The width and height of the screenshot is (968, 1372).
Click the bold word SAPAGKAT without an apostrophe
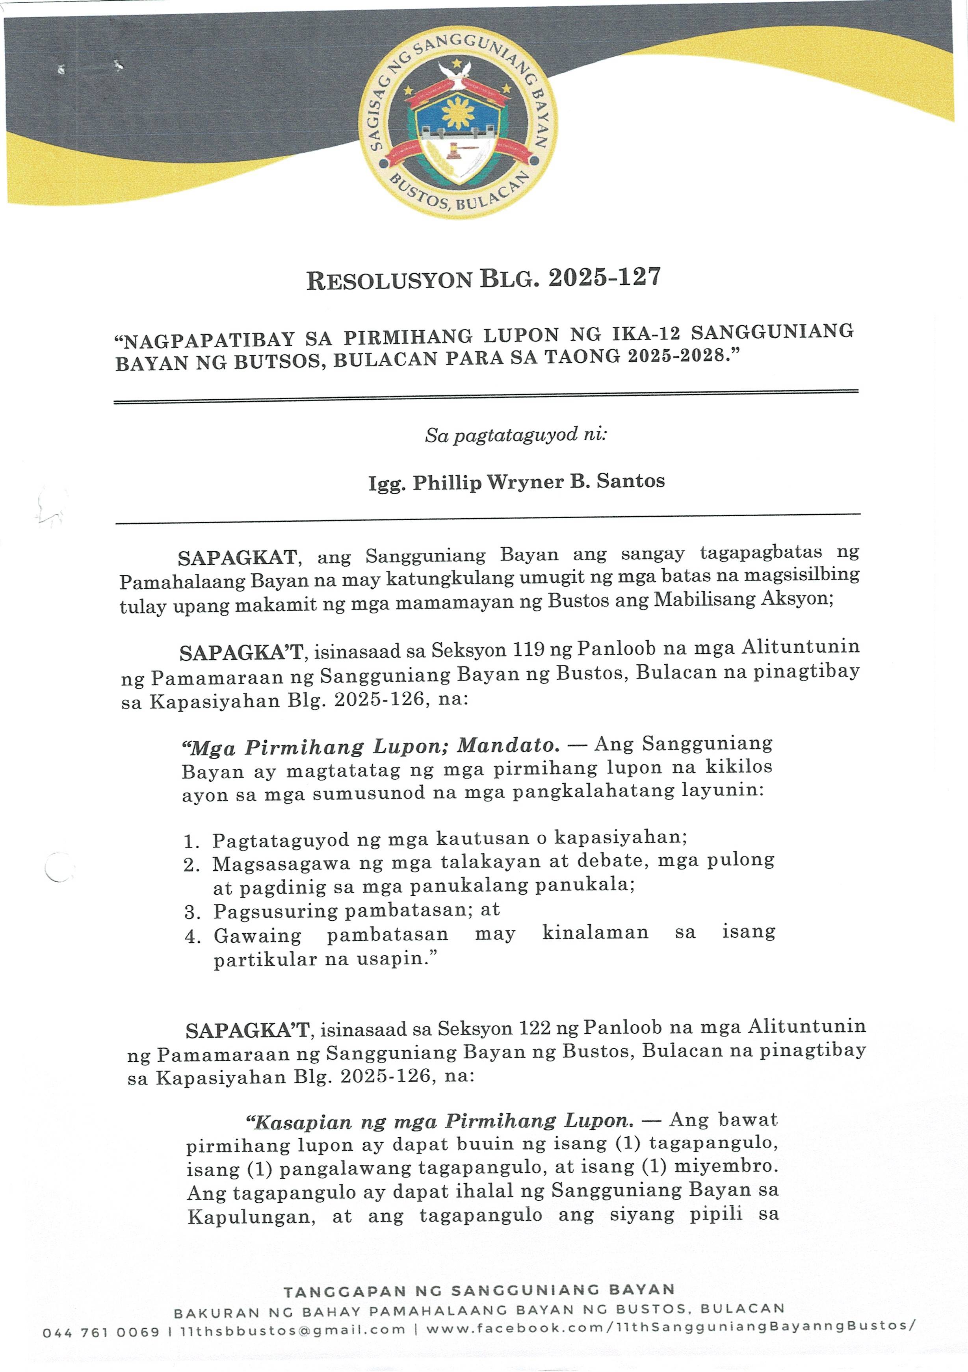(x=237, y=558)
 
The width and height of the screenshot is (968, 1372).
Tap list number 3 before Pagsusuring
(x=191, y=912)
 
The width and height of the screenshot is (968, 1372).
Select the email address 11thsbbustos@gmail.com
(x=292, y=1330)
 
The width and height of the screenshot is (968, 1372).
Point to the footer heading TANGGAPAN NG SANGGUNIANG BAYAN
(x=479, y=1291)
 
